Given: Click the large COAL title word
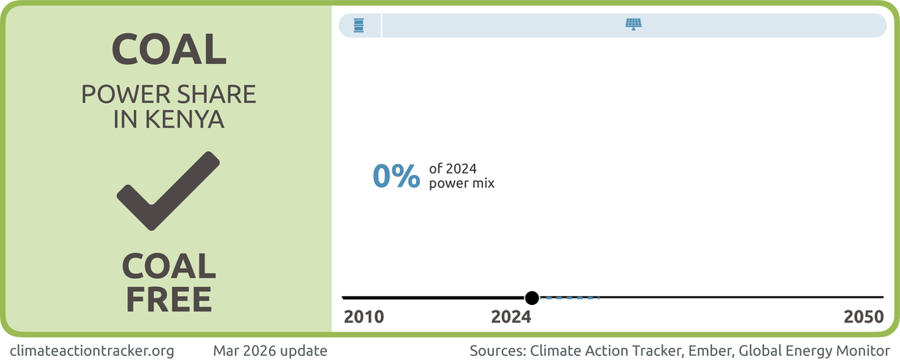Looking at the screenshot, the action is coord(169,49).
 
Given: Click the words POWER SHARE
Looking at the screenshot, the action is coord(169,95).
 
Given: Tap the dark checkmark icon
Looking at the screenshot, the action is coord(168,191).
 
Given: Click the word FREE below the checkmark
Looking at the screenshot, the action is coord(169,299).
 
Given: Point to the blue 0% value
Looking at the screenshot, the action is coord(396,176).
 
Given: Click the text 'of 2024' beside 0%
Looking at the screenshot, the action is coord(453,169).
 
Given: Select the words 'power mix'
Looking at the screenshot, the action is coord(461,184).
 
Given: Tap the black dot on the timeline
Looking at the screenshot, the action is coord(532,298).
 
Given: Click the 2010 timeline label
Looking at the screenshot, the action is coord(364,317).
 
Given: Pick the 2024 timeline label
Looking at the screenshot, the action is coord(512,317).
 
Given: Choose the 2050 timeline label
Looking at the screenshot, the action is coord(864,317).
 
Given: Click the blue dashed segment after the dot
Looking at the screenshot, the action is coord(569,298).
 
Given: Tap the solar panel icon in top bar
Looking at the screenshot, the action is coord(634,24).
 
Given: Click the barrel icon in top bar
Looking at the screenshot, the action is coord(358,25).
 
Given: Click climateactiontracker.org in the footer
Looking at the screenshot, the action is coord(92,350).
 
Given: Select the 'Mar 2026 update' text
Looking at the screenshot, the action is coord(270,350).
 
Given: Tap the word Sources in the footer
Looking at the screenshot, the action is coord(496,350).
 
